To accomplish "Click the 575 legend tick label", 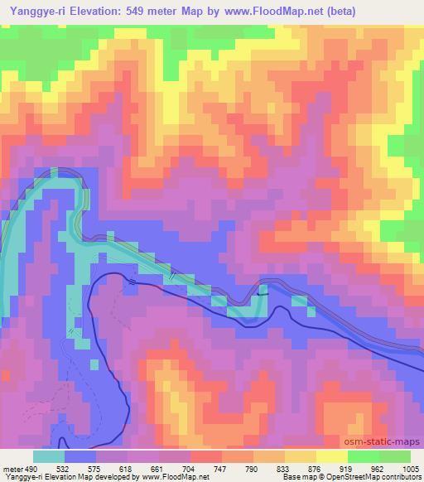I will [98, 468].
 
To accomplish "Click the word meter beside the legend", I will [13, 468].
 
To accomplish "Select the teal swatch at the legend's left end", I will [49, 455].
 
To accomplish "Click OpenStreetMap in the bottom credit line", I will [343, 477].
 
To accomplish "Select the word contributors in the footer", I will [399, 477].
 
